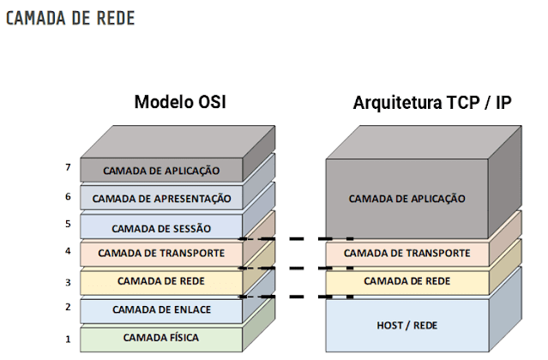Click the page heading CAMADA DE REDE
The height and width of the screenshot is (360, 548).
pyautogui.click(x=70, y=18)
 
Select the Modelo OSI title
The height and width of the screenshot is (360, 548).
pyautogui.click(x=185, y=103)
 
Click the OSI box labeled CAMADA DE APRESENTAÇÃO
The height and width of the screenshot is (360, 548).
pyautogui.click(x=161, y=198)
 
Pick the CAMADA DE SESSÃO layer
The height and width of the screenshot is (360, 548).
pyautogui.click(x=161, y=228)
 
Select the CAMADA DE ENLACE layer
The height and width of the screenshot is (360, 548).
pyautogui.click(x=161, y=309)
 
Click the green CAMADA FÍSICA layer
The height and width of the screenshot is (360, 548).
pyautogui.click(x=161, y=338)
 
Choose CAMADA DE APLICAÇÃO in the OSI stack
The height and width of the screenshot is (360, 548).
pyautogui.click(x=161, y=171)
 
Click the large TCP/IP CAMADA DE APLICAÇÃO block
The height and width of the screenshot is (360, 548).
pyautogui.click(x=406, y=198)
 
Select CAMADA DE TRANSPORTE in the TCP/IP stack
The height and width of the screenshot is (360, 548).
pyautogui.click(x=406, y=254)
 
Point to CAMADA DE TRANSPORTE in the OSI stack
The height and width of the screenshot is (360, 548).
pyautogui.click(x=161, y=254)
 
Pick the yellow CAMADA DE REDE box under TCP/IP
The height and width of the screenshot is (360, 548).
pyautogui.click(x=406, y=281)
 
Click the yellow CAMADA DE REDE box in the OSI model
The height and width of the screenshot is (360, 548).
pyautogui.click(x=161, y=281)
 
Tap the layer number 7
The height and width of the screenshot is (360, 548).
pyautogui.click(x=67, y=168)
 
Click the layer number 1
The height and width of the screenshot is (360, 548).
pyautogui.click(x=67, y=339)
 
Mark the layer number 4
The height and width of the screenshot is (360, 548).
pyautogui.click(x=67, y=252)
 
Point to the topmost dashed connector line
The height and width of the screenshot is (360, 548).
pyautogui.click(x=296, y=239)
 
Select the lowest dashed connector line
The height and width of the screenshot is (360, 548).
pyautogui.click(x=296, y=297)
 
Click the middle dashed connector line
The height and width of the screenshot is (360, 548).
pyautogui.click(x=296, y=267)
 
